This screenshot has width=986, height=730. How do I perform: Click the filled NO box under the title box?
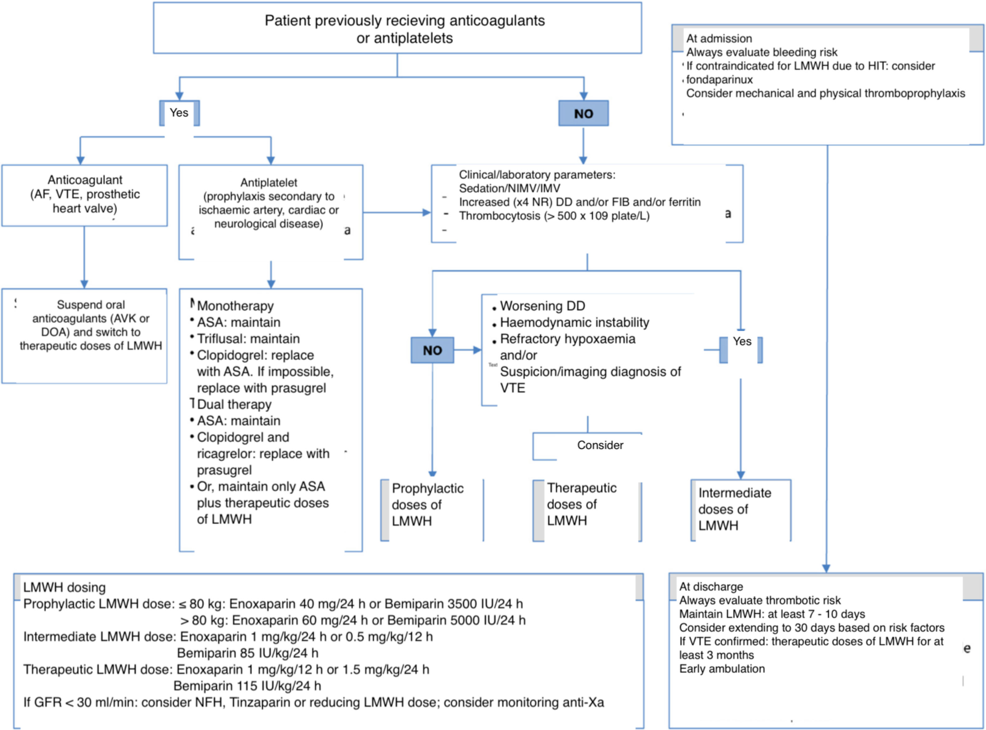583,113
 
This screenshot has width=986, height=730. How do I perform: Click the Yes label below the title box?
179,113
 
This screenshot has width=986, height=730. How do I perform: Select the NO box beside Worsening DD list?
432,350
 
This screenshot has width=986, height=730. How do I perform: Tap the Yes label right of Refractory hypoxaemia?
742,341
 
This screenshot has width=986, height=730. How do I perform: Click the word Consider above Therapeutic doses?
600,445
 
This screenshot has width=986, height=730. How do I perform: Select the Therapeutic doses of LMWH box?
582,504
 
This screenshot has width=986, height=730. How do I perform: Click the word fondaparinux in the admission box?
719,79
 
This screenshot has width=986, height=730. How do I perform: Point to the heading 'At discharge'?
711,586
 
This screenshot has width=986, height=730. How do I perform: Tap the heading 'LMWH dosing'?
64,587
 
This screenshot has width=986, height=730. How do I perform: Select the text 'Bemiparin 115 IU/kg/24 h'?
247,686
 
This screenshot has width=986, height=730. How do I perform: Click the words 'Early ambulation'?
722,669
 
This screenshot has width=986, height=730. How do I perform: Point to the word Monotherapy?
235,306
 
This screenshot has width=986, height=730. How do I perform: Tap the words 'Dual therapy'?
234,404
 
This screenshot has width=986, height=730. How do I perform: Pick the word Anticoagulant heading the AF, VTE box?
85,180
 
